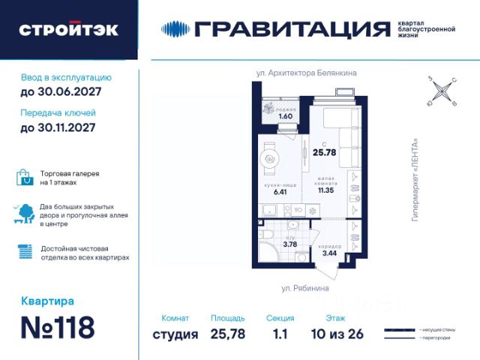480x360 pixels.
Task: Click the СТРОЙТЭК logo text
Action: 68,30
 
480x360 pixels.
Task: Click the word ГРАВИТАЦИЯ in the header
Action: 292,29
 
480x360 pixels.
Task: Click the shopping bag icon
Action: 25,178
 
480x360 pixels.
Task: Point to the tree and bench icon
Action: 25,214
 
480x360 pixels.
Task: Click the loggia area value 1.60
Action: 285,116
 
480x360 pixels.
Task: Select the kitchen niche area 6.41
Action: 280,192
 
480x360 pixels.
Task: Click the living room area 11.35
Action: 325,190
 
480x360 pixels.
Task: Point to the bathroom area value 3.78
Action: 290,243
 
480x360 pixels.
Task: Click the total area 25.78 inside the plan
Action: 324,152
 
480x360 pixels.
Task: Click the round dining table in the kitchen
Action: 271,159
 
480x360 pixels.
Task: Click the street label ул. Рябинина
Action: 304,288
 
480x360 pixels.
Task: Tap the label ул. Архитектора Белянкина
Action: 306,73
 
